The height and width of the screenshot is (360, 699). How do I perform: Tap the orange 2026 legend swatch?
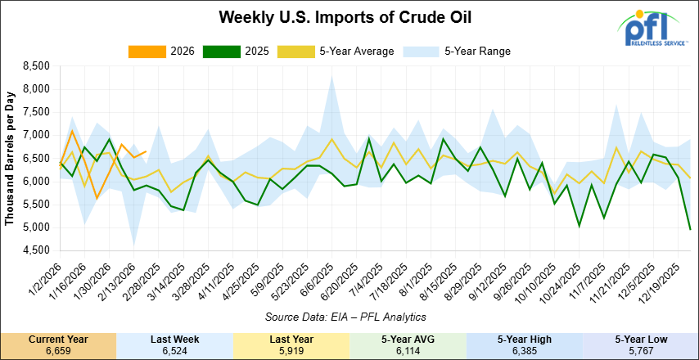tap(144, 51)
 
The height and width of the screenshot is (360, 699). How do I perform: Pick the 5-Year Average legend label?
tap(353, 51)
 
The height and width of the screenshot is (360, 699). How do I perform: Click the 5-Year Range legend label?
tap(477, 51)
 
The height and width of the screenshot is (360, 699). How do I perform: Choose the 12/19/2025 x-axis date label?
tap(665, 282)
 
